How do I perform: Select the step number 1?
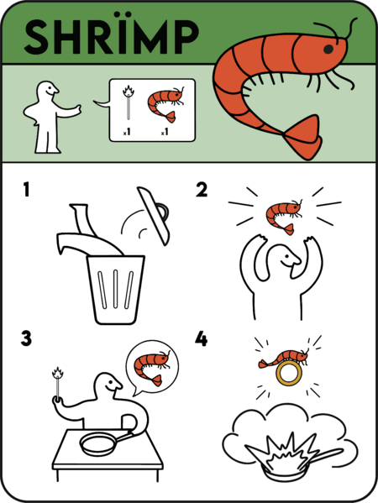tap(28, 191)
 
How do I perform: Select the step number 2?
tap(202, 191)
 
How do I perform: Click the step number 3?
tap(28, 338)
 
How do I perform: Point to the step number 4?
tap(202, 338)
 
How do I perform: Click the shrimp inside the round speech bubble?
tap(152, 363)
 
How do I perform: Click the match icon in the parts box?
tap(129, 104)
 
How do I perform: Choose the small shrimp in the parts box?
tap(165, 104)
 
